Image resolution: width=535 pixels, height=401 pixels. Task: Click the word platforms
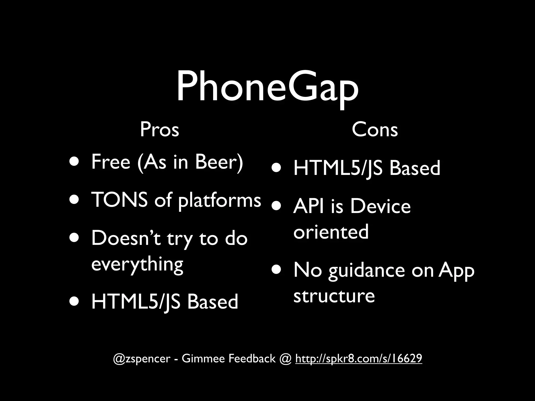(219, 200)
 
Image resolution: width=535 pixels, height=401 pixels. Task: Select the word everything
(137, 264)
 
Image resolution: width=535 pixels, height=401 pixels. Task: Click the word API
(309, 206)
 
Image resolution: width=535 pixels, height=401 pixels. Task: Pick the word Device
(380, 206)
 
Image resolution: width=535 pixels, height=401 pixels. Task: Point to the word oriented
(331, 232)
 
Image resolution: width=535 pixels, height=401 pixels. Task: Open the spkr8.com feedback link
(358, 358)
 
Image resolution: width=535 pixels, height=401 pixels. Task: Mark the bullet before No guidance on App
(276, 270)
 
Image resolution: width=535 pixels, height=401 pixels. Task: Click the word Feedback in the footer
(252, 358)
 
